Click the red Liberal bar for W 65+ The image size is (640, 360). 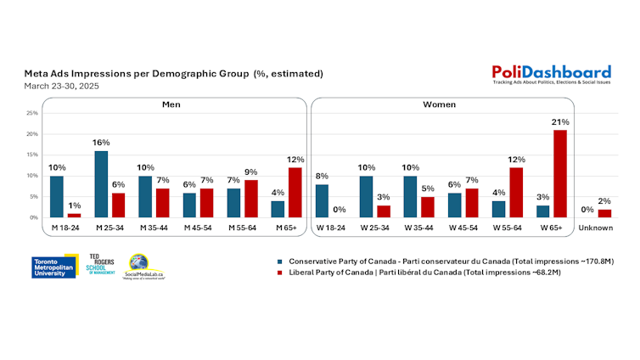click(x=559, y=173)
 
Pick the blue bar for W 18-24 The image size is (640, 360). click(x=322, y=200)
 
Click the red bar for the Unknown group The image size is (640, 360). click(x=604, y=213)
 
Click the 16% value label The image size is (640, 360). click(x=101, y=143)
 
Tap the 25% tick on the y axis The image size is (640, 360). click(x=32, y=113)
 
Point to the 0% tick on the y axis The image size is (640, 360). click(x=34, y=217)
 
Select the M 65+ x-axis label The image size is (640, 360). click(x=284, y=228)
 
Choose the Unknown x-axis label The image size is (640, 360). click(x=595, y=228)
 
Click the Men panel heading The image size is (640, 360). click(x=172, y=104)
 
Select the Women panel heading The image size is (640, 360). click(x=441, y=104)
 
